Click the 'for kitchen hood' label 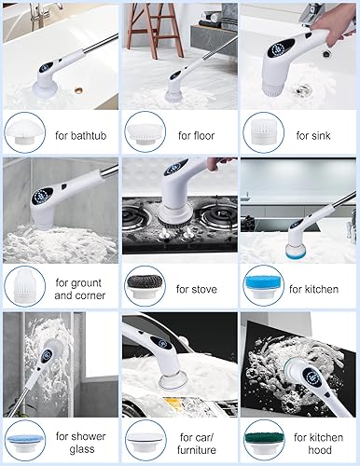pyautogui.click(x=315, y=443)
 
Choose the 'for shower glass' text pyautogui.click(x=79, y=443)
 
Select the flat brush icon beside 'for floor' pyautogui.click(x=143, y=131)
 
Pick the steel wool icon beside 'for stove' pyautogui.click(x=143, y=284)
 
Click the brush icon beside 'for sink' pyautogui.click(x=262, y=131)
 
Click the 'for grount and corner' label pyautogui.click(x=79, y=288)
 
